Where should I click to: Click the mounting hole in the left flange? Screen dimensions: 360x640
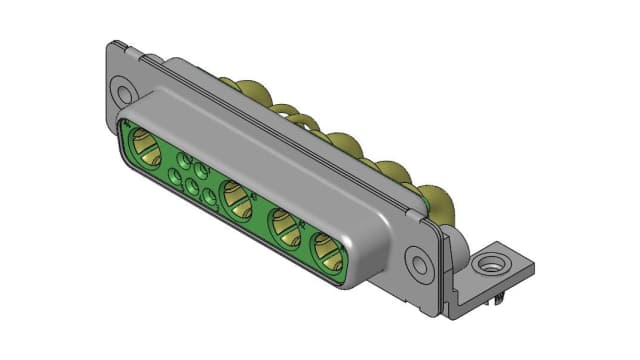tap(124, 95)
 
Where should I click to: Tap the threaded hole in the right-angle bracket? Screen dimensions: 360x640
tap(490, 266)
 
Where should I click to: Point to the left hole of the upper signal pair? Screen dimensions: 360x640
tap(184, 159)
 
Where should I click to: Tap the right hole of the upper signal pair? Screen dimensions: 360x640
tap(201, 169)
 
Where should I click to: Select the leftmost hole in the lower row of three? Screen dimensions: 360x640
tap(175, 178)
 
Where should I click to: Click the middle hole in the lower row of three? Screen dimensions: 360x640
tap(192, 187)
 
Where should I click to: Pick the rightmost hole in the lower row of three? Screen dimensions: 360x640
tap(209, 197)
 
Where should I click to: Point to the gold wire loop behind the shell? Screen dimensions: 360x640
tap(290, 115)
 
